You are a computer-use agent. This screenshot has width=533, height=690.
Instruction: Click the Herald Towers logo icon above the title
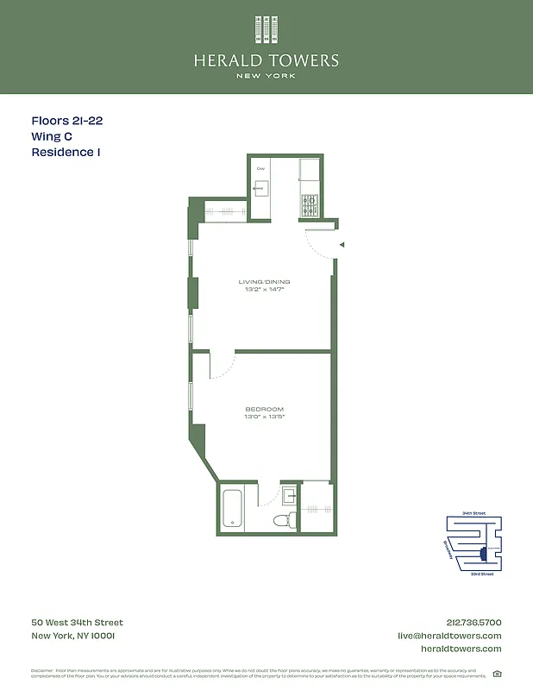point(266,29)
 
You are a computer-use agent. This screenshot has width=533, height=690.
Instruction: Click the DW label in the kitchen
point(260,168)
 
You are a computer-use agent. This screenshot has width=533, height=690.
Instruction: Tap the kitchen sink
point(261,189)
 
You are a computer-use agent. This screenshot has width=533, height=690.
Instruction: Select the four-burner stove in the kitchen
point(309,205)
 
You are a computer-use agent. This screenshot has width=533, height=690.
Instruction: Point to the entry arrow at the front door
point(342,245)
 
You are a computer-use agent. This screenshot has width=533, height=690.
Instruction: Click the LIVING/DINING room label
point(264,282)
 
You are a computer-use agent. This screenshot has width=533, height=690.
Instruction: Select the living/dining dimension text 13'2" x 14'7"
point(264,290)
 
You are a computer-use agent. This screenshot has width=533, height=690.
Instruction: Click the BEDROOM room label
point(264,409)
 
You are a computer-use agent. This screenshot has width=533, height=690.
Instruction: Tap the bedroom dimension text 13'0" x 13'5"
point(264,417)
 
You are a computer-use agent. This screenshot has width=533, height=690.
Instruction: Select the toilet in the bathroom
point(282,520)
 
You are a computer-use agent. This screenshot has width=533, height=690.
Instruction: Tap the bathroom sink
point(290,495)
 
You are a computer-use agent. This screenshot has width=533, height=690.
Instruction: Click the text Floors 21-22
point(67,122)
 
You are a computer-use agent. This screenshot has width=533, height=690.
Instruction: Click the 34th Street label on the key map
point(473,513)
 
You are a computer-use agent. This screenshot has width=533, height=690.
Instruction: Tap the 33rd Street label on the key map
point(482,574)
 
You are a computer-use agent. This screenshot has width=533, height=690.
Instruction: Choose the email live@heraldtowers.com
point(448,636)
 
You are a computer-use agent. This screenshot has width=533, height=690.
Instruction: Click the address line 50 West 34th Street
point(77,623)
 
